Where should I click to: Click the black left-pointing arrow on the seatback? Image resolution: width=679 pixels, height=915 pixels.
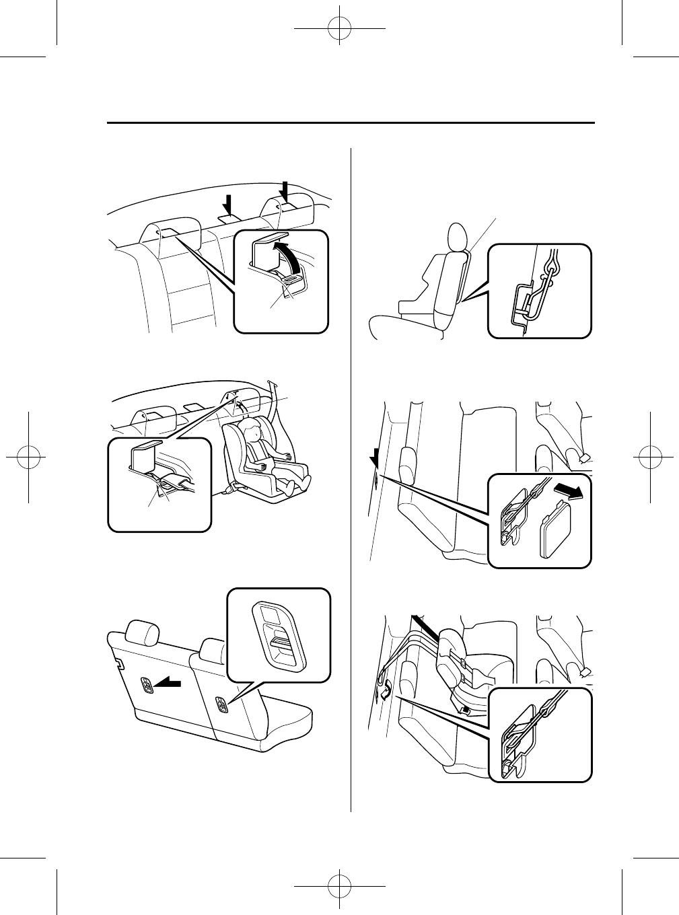tap(169, 684)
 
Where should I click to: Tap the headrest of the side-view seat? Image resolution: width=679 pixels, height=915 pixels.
tap(458, 236)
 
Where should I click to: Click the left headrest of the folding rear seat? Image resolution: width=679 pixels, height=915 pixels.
tap(143, 630)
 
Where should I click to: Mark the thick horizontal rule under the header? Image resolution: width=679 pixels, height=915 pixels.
tap(351, 123)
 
